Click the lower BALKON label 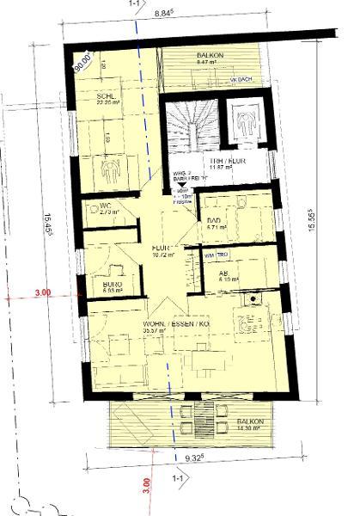pyautogui.click(x=252, y=422)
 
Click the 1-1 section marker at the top pyautogui.click(x=135, y=4)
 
